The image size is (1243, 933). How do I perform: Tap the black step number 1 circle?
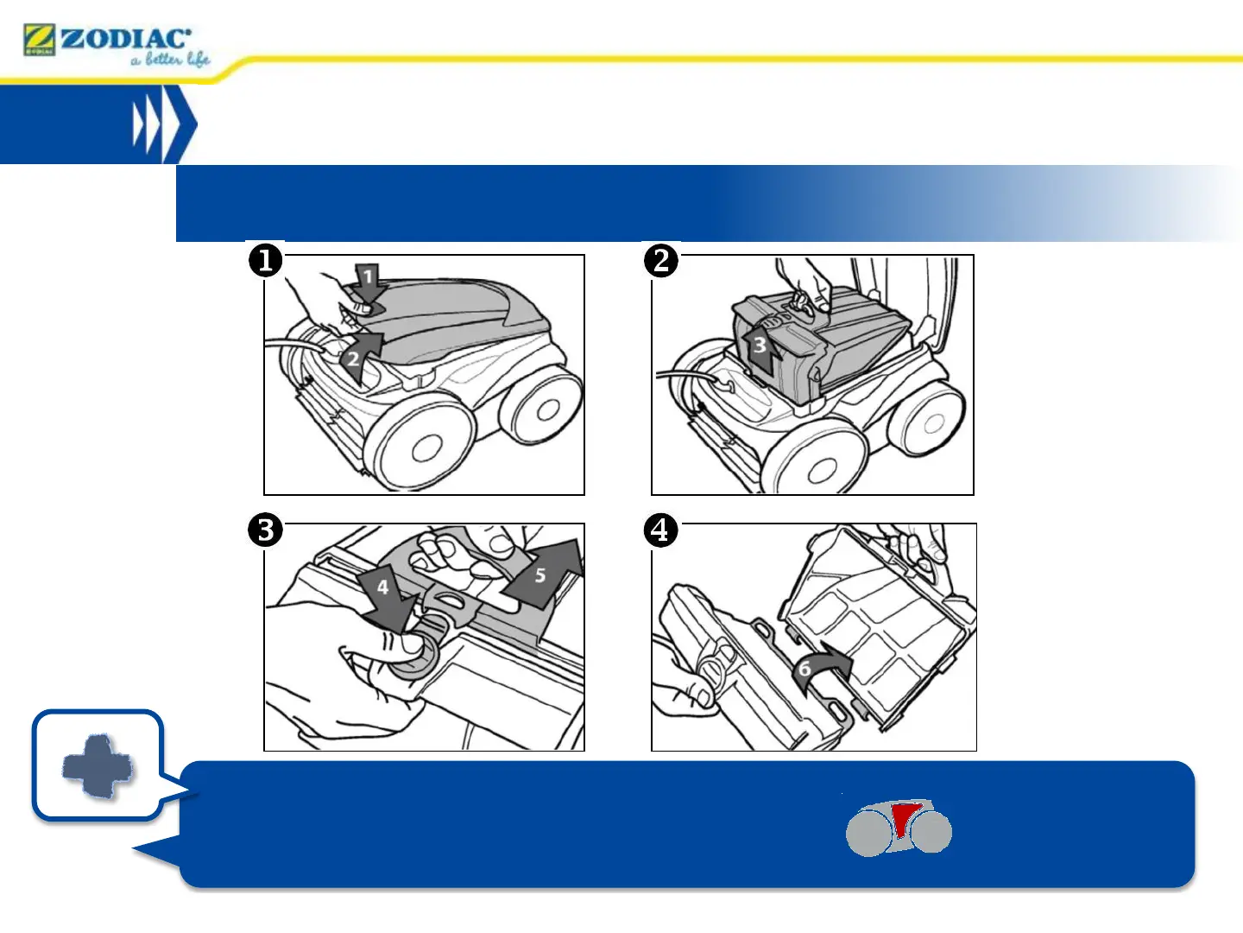pos(266,260)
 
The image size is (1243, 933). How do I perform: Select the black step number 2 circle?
pos(661,260)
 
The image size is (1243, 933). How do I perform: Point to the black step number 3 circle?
pos(266,530)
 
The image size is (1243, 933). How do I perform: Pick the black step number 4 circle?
pos(661,530)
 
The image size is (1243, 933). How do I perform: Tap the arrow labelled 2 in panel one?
pos(357,356)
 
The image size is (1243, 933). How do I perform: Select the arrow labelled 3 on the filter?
pos(760,345)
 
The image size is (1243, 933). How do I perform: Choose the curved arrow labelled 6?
pos(820,669)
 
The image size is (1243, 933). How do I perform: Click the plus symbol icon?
pos(98,765)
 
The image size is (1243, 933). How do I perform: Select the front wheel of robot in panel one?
pos(423,447)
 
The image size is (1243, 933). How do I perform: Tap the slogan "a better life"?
pos(170,60)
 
